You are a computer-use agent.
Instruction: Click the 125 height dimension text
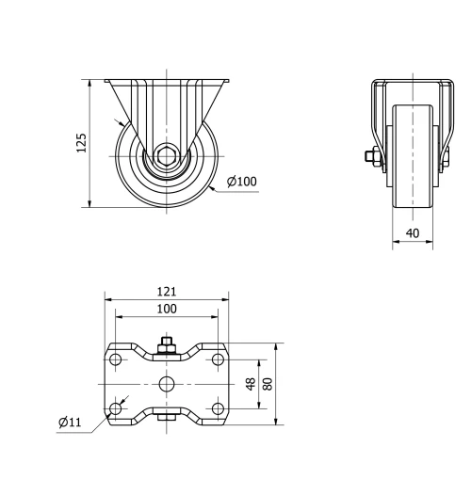click(81, 142)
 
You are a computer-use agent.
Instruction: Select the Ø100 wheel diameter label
click(241, 182)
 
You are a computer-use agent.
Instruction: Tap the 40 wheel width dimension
click(413, 232)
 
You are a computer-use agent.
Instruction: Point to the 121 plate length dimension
click(166, 293)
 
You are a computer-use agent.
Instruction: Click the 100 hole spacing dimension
click(166, 309)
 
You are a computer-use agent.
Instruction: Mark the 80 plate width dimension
click(268, 384)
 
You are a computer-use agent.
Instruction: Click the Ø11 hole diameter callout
click(68, 423)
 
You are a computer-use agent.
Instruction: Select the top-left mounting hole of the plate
click(115, 359)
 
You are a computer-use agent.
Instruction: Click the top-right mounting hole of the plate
click(218, 359)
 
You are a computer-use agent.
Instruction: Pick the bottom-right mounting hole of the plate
click(218, 408)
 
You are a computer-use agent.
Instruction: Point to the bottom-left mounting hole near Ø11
click(115, 408)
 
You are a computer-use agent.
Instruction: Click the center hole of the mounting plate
click(166, 384)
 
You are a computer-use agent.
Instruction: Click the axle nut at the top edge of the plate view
click(166, 349)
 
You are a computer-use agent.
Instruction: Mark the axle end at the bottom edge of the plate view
click(166, 420)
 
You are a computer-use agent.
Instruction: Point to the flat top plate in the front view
click(166, 81)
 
